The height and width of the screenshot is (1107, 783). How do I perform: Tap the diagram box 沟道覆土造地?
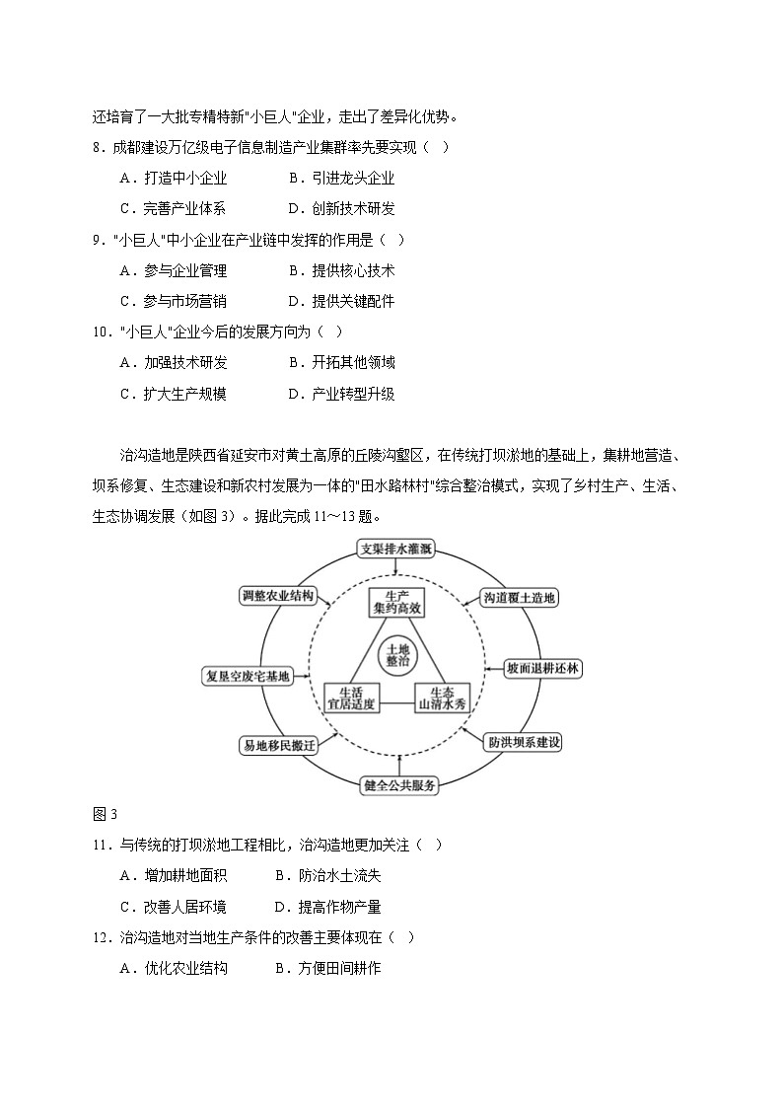520,597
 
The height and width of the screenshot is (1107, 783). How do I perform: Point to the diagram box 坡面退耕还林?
542,668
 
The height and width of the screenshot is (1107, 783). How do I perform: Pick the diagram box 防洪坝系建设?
524,742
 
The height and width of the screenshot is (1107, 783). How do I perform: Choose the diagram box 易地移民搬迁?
278,745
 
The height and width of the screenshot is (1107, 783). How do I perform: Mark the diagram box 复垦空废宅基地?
248,676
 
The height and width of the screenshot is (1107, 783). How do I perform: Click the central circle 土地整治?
398,655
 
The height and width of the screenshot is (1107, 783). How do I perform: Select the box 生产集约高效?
397,604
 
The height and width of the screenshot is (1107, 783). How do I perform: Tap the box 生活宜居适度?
350,698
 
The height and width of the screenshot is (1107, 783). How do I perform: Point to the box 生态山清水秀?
440,698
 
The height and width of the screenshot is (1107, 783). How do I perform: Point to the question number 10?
101,332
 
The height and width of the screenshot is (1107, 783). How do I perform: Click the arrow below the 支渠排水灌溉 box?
396,569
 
